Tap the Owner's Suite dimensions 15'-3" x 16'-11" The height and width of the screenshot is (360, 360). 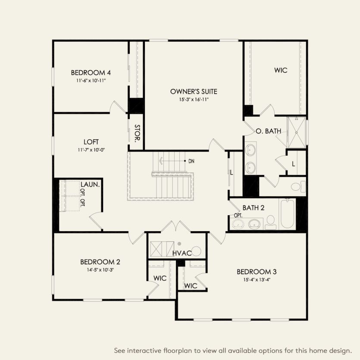(x=193, y=99)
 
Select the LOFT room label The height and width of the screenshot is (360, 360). (x=91, y=142)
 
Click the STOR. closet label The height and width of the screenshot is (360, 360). (x=137, y=134)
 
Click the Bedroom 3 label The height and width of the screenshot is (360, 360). (x=257, y=272)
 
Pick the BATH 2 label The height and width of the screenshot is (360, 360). (x=254, y=208)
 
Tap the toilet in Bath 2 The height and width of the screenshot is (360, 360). (x=271, y=222)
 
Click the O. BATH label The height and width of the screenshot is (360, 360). (x=269, y=131)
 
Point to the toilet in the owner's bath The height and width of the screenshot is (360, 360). (x=297, y=187)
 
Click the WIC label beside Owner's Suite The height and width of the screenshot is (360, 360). (x=281, y=70)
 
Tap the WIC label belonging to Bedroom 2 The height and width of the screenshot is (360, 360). (x=160, y=279)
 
